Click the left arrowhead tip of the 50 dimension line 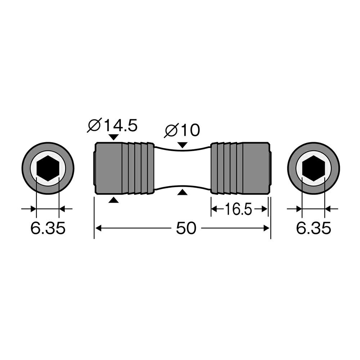point(95,228)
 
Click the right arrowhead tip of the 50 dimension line point(270,228)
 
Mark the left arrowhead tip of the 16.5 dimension point(211,209)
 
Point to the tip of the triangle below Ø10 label point(183,148)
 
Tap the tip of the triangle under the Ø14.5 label point(114,140)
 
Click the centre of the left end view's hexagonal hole point(48,168)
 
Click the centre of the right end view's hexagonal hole point(313,168)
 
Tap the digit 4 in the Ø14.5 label point(116,125)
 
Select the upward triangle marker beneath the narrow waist point(183,192)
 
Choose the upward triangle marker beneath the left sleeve point(114,200)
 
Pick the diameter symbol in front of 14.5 point(94,125)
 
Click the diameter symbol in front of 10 point(171,131)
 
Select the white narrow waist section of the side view point(182,168)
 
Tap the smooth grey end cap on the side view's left point(108,168)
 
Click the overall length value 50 point(186,228)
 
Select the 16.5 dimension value point(238,209)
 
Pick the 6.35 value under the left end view point(48,228)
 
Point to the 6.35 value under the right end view point(314,228)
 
